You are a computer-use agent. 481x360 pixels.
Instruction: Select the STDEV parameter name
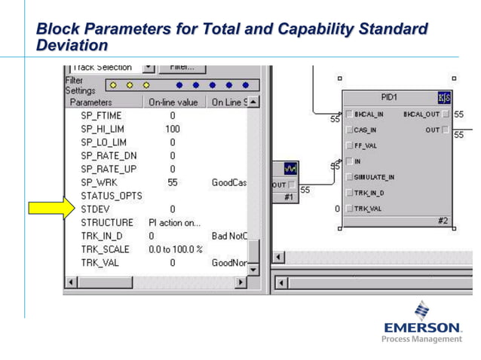point(96,209)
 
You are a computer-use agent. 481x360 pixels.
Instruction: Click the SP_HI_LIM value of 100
point(172,129)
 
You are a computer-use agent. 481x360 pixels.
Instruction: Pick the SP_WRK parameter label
point(100,182)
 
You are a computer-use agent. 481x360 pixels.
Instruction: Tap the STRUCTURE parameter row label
point(107,222)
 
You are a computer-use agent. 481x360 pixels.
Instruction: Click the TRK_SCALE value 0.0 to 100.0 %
point(176,249)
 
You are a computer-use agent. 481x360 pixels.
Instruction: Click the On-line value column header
point(173,102)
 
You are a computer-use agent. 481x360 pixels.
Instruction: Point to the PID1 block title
point(390,98)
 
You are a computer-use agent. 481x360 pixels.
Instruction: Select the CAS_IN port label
point(365,130)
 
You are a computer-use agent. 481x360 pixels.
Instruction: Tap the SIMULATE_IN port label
point(374,177)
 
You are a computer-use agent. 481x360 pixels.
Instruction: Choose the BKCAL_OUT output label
point(421,114)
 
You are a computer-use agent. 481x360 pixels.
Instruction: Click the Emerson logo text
point(422,328)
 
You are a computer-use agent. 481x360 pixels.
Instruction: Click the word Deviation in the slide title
point(68,46)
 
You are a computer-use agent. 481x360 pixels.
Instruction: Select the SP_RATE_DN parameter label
point(109,155)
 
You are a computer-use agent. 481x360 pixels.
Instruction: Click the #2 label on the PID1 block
point(443,221)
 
